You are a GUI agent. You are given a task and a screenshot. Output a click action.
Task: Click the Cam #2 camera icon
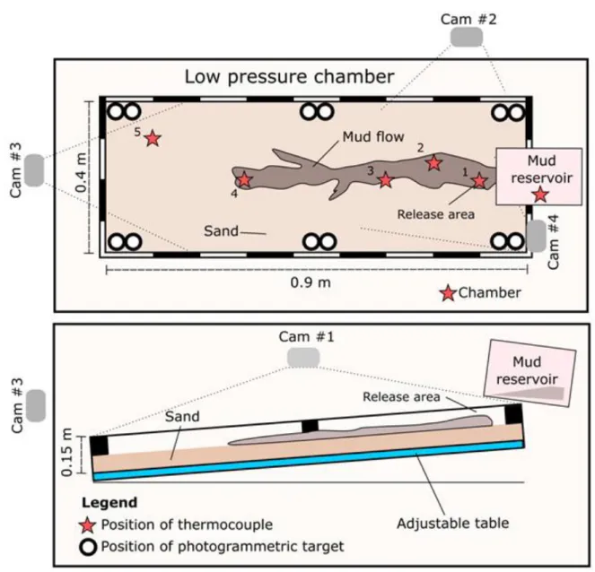tap(467, 37)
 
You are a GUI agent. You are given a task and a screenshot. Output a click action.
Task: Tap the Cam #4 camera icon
tap(537, 236)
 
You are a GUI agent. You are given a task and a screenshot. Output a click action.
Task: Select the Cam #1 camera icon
tap(303, 358)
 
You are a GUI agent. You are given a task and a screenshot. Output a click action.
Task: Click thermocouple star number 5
tap(153, 139)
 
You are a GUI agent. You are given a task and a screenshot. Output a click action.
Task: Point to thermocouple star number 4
tap(244, 179)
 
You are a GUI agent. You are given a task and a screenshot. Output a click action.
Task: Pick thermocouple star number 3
tap(386, 179)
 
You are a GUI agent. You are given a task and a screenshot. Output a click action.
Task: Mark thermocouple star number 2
tap(433, 163)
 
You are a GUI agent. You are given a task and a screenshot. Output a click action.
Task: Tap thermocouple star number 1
tap(479, 181)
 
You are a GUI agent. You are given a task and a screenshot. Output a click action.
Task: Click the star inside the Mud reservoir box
tap(540, 195)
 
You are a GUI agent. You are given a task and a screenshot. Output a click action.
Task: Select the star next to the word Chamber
tap(448, 293)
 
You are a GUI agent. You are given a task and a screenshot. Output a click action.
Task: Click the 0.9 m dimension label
tap(311, 282)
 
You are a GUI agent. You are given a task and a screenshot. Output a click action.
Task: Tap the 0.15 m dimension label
tap(66, 452)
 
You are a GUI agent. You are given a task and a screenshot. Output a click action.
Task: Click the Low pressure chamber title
tap(289, 76)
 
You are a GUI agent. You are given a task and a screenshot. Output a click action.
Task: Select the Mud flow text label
tap(373, 136)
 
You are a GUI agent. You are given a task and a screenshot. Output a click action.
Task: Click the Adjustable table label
tap(452, 524)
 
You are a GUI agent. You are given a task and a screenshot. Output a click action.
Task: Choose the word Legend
tap(109, 503)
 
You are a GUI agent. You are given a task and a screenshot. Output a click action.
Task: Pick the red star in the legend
tap(88, 525)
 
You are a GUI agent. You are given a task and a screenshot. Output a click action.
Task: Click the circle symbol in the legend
tap(88, 548)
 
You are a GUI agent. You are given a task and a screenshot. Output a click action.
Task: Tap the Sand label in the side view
tap(182, 417)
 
